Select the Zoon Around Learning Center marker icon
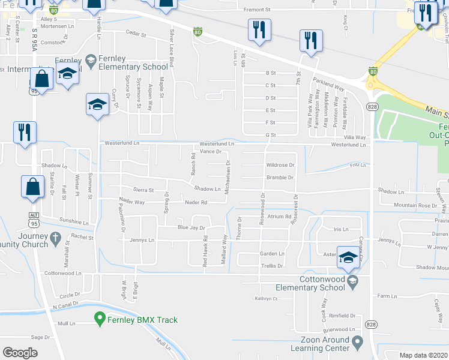(x=358, y=343)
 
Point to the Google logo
(x=20, y=353)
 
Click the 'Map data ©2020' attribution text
(x=424, y=355)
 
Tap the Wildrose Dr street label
(x=280, y=165)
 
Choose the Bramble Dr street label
(x=280, y=178)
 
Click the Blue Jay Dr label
(x=191, y=228)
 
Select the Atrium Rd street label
(x=279, y=217)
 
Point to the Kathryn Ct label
(x=267, y=298)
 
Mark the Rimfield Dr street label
(x=342, y=316)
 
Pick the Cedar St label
(x=136, y=34)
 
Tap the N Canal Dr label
(x=66, y=306)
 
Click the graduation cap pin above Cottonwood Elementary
(x=348, y=257)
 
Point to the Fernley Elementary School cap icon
(x=91, y=59)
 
